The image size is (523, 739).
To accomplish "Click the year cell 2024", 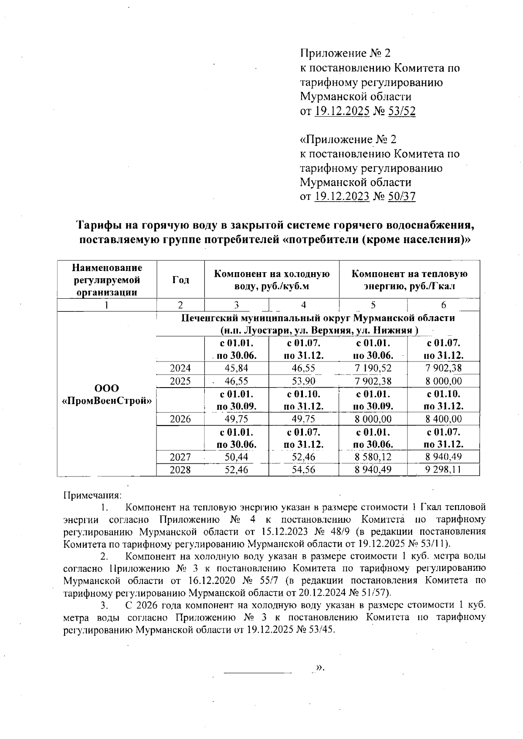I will (180, 368).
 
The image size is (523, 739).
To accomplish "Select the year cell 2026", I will (180, 419).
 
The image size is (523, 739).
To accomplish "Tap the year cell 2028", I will (180, 470).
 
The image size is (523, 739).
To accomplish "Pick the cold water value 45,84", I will (236, 368).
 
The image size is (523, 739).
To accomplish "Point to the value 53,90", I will (303, 381).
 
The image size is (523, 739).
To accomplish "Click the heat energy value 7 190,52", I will (373, 368).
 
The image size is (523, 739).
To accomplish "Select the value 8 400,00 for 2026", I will (443, 419).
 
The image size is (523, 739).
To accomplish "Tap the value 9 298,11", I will (443, 470).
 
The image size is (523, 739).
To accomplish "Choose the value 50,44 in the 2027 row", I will (236, 457).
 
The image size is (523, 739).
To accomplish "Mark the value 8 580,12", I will (373, 457).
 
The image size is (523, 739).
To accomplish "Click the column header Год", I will (180, 280).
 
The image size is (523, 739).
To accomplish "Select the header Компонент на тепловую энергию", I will (409, 280).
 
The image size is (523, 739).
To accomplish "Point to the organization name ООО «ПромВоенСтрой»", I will (107, 394).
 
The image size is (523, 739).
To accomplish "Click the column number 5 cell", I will (373, 305).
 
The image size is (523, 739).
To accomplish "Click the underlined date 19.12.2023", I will (342, 196).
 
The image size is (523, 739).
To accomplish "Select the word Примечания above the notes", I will (92, 495).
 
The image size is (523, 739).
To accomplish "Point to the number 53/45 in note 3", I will (321, 630).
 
